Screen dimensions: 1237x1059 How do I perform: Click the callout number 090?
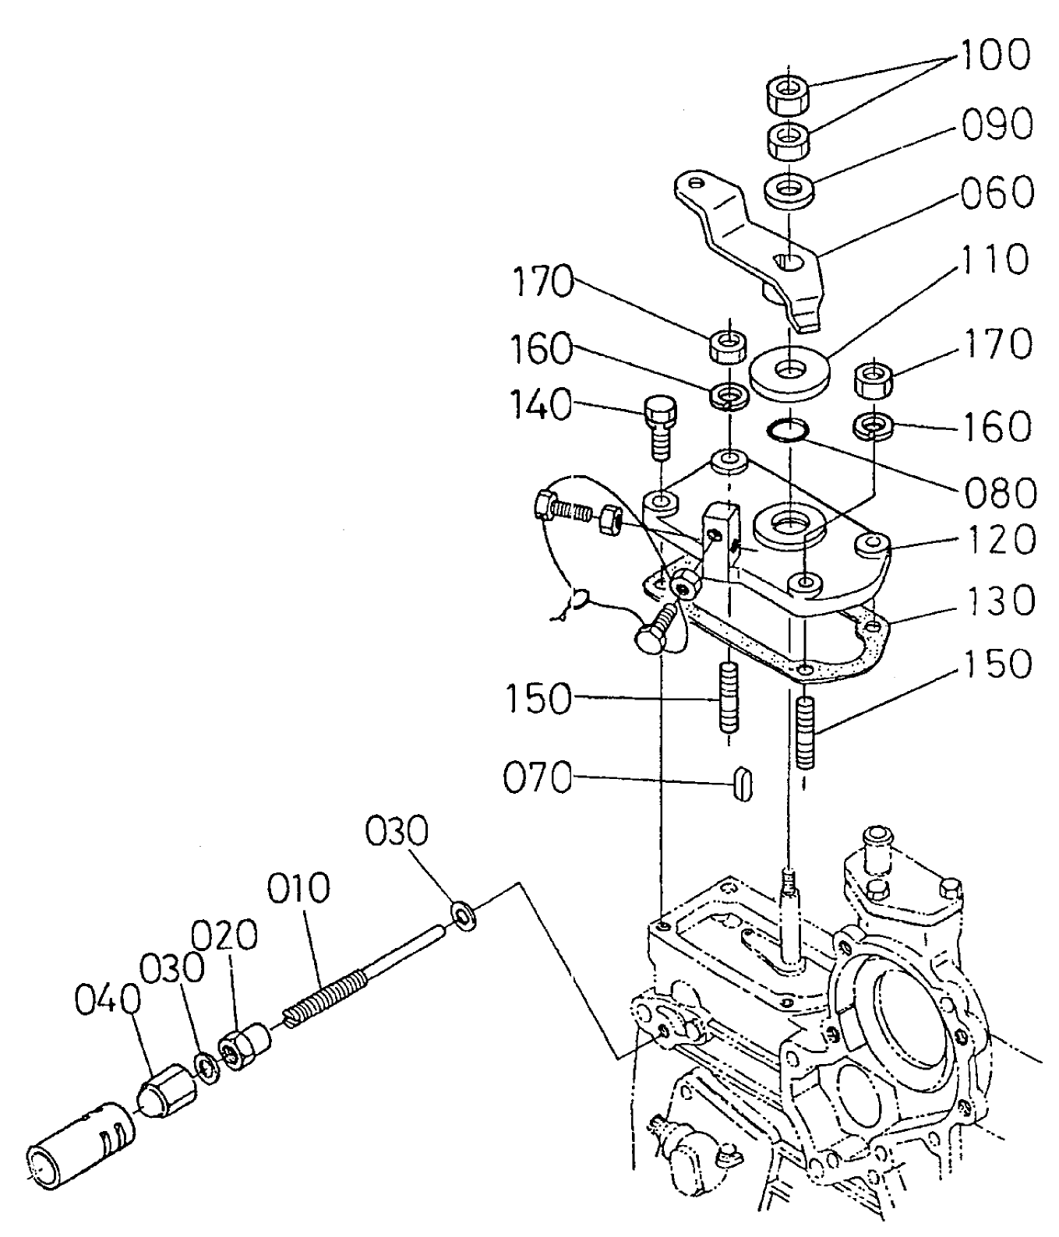(x=997, y=125)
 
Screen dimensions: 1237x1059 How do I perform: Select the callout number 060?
(x=997, y=192)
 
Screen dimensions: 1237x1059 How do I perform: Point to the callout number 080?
(x=1001, y=492)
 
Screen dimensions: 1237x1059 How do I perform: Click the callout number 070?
(x=538, y=778)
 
